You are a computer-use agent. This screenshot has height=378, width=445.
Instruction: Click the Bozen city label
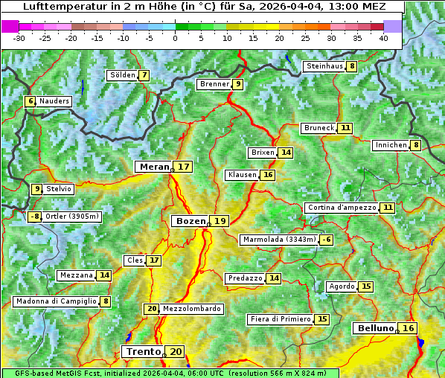190,221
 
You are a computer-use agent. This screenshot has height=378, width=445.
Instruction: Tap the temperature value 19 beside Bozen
220,221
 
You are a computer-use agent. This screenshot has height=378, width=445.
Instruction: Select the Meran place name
155,167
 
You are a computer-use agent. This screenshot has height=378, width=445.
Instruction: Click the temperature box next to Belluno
408,328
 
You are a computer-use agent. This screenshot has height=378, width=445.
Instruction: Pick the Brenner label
214,84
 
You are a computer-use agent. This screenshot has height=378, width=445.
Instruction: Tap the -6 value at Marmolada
327,240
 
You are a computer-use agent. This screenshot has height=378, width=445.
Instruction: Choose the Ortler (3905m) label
72,217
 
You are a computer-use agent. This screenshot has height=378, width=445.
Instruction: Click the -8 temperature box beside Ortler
35,217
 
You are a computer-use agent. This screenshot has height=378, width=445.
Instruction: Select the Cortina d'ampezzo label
341,208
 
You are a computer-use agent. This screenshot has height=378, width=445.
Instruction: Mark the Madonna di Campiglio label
56,301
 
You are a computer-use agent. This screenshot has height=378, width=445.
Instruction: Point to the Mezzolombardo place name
191,309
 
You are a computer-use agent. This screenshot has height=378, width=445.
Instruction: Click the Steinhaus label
324,66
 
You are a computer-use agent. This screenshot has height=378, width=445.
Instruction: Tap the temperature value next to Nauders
31,101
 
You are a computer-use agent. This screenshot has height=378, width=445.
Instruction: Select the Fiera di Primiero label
280,319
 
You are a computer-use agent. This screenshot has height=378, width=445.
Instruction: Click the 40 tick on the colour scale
383,38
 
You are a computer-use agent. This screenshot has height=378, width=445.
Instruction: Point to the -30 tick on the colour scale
19,38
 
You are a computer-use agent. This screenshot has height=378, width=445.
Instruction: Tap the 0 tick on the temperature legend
175,38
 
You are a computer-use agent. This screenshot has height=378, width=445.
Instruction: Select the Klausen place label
242,175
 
